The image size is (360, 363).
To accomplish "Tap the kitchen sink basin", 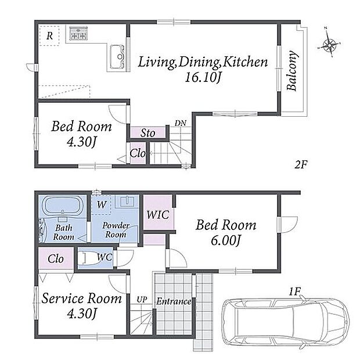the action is [117, 57].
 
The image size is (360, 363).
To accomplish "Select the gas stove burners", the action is [78, 33].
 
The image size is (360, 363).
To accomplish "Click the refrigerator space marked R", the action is [49, 36].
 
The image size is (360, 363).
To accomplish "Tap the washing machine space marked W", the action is [102, 204].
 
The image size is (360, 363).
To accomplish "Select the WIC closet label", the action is [158, 215].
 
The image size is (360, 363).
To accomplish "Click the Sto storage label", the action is [147, 133].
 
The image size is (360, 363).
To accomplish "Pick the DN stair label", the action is [181, 123].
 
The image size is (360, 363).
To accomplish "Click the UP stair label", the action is [142, 300].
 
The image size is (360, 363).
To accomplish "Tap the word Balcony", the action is [291, 70].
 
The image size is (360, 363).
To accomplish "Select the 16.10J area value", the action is [202, 77].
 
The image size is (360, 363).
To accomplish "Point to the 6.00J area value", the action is [225, 240].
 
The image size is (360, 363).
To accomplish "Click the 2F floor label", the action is [301, 164].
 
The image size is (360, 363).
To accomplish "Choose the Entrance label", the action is [174, 301].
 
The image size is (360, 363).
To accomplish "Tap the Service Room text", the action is [81, 298].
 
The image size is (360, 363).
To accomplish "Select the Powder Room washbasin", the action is [127, 200].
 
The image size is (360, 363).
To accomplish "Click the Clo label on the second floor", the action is [138, 153].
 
